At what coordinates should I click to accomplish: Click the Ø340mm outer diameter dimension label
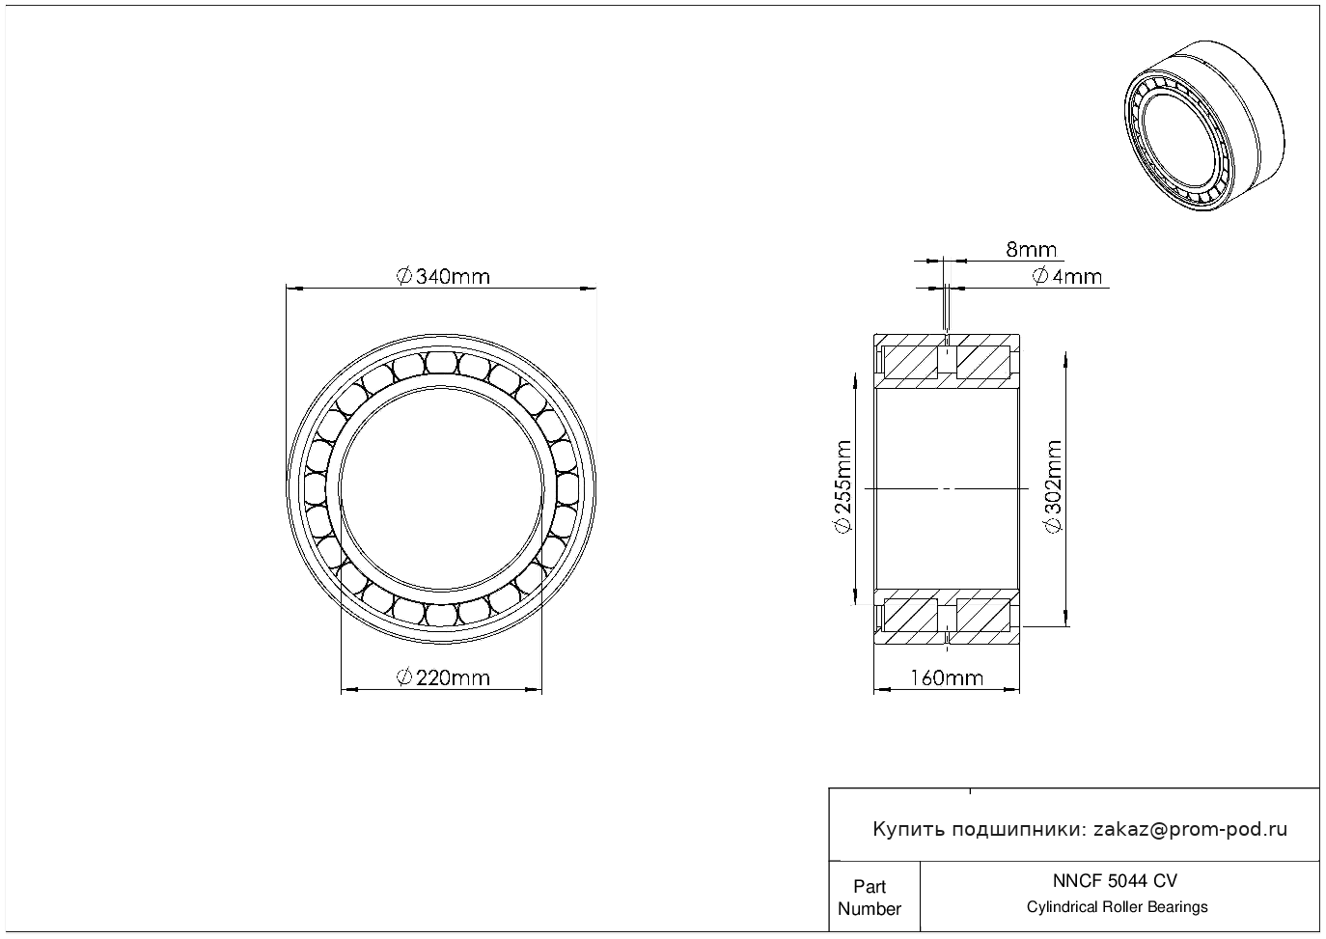pos(443,277)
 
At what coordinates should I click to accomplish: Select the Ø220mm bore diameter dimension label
pos(443,677)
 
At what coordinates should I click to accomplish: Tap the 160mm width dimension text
pos(946,677)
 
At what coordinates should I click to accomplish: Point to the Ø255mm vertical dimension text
pos(843,486)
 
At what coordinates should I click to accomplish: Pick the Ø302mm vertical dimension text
pos(1053,486)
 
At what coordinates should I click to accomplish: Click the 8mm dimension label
pos(1032,250)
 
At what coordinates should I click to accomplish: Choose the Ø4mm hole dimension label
pos(1066,277)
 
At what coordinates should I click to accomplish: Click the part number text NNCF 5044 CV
pos(1115,881)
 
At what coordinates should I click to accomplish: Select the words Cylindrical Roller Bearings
pos(1117,907)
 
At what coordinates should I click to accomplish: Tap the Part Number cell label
pos(869,898)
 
